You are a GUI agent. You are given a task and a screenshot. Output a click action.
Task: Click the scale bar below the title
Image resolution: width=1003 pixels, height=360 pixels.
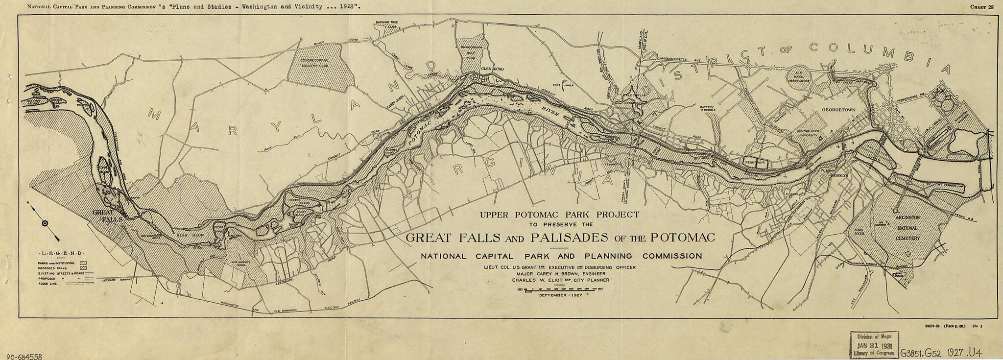tap(558, 289)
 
